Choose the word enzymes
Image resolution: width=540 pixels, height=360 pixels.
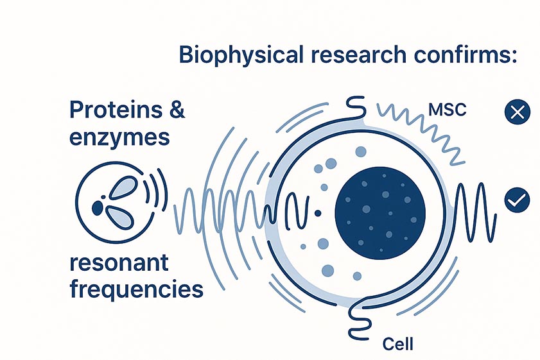tap(119, 137)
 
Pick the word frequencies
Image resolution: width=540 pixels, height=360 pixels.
tap(135, 289)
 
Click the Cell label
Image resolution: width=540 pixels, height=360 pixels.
tap(397, 343)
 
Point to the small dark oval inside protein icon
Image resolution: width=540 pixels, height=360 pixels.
tap(98, 208)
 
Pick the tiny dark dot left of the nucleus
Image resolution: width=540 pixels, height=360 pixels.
tap(317, 212)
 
